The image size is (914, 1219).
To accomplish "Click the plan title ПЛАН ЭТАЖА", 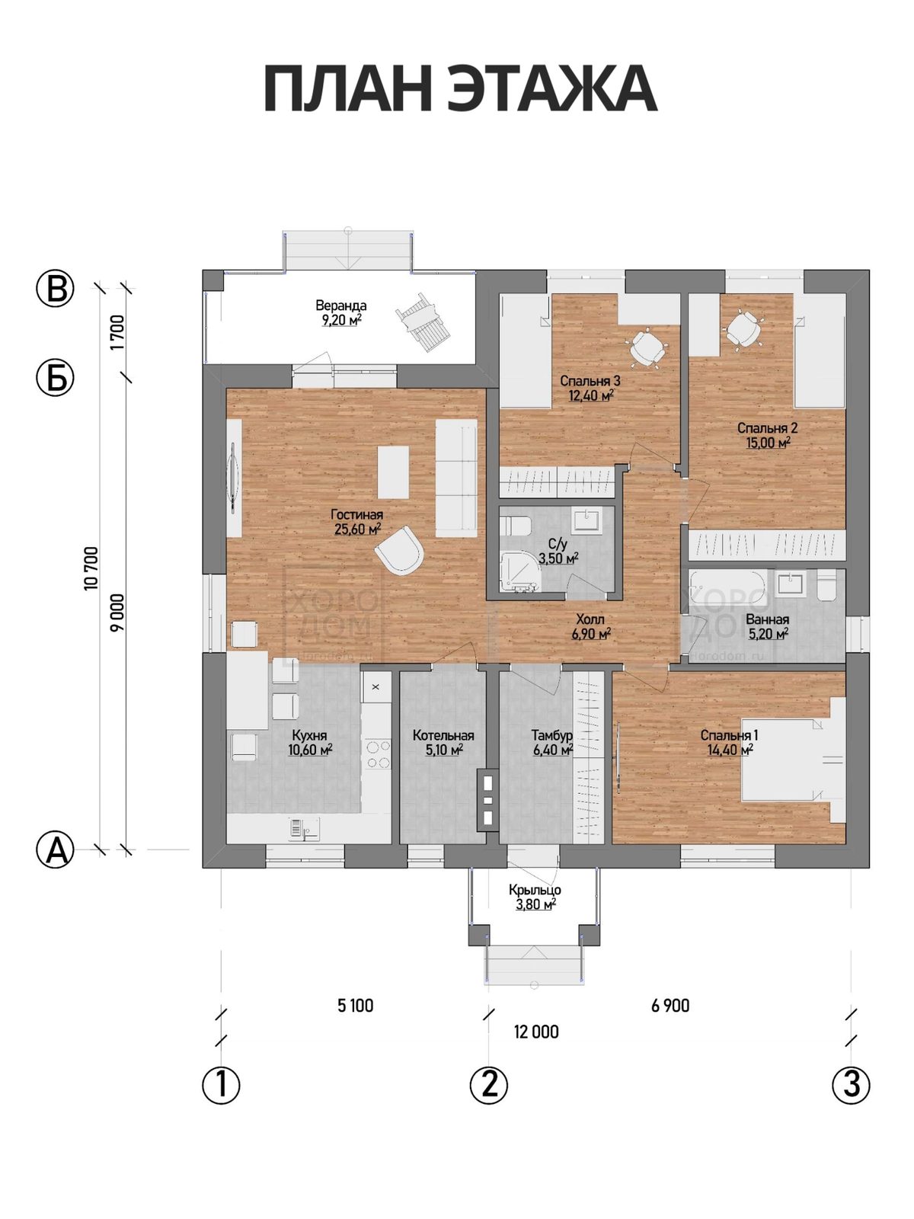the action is (460, 89).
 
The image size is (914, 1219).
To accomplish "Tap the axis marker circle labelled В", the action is (56, 290).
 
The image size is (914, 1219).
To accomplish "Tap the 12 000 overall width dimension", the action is (536, 1032).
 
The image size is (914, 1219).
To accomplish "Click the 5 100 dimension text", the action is (355, 1005).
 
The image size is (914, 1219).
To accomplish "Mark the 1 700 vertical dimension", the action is (117, 332).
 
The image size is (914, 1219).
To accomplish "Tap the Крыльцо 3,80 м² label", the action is (535, 898).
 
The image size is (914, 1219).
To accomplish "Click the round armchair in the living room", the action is (399, 550).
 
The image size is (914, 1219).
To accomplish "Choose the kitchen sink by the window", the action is (303, 827).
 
